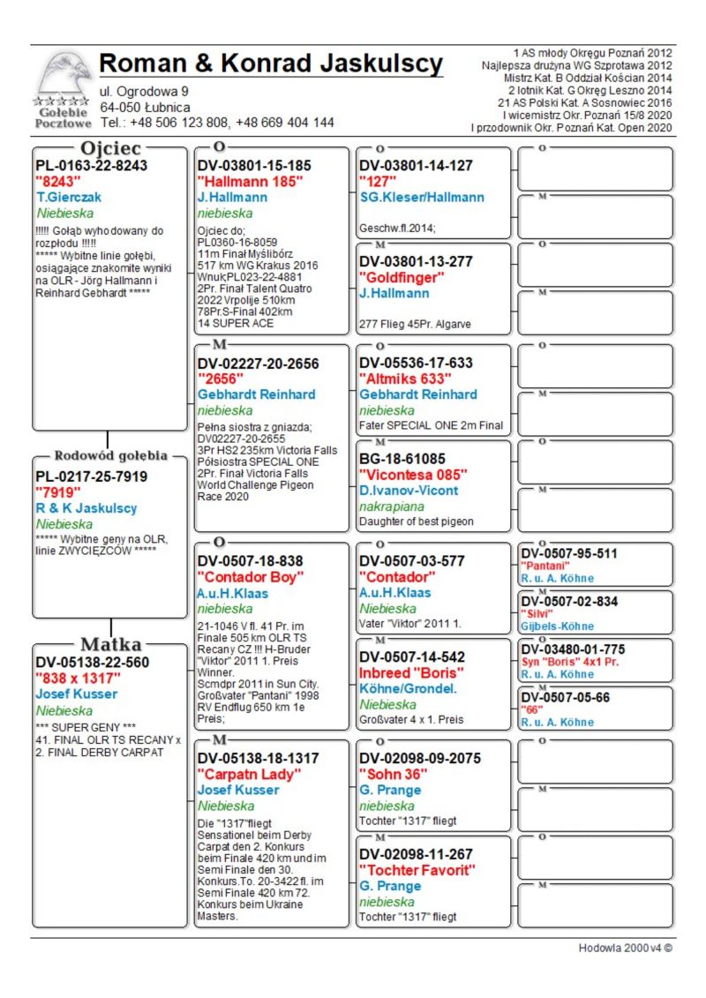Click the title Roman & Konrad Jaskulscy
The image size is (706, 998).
[x=271, y=64]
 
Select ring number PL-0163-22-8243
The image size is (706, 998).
[x=91, y=165]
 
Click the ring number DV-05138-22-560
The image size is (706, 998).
[x=92, y=662]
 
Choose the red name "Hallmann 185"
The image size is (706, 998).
[x=250, y=181]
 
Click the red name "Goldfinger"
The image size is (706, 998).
[x=402, y=277]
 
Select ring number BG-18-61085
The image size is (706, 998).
[x=402, y=459]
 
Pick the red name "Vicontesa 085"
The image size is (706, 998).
[x=413, y=475]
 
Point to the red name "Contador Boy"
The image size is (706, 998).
[x=250, y=577]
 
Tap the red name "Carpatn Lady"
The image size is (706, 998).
[x=249, y=774]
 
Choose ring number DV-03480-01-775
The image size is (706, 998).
[x=573, y=649]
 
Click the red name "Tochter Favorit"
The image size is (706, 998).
[x=417, y=870]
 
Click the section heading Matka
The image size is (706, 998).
[x=110, y=644]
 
